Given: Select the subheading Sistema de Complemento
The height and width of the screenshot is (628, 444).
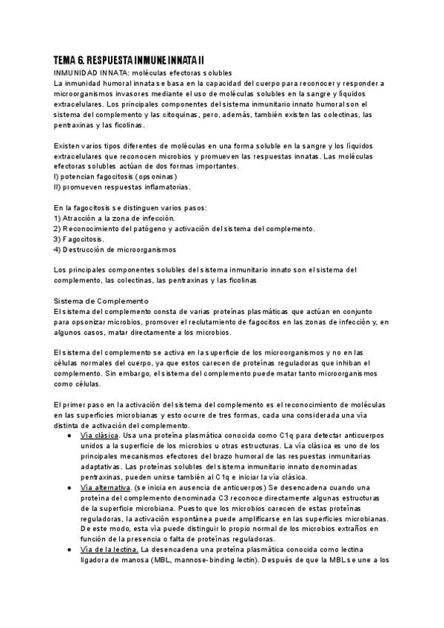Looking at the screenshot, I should [x=102, y=301].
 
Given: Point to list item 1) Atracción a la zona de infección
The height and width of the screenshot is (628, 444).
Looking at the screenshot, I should [x=115, y=218].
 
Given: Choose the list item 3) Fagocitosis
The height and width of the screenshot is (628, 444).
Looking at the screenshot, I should [x=79, y=240].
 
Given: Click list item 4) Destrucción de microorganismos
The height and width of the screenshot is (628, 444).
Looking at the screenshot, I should [x=115, y=250].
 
